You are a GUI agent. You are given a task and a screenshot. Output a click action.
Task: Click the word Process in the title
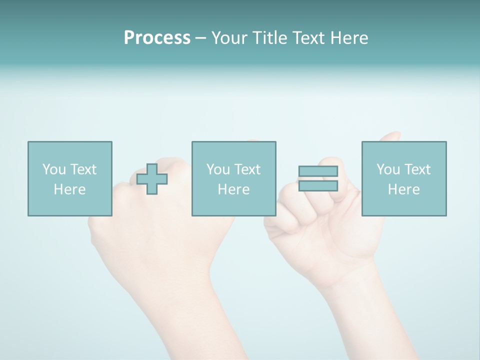click(157, 38)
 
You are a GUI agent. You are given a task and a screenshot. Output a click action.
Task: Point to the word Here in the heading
click(349, 38)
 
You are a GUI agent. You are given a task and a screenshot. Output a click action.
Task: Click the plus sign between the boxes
click(152, 179)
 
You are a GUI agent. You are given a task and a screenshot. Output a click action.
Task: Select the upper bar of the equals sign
click(318, 171)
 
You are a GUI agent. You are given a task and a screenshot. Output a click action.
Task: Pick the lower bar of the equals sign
click(318, 186)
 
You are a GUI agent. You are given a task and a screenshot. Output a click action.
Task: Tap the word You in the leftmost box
click(54, 169)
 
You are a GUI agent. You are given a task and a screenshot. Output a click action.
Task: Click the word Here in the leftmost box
click(69, 189)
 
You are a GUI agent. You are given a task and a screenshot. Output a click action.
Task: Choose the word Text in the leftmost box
click(82, 169)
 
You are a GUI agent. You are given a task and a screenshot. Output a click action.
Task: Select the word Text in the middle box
click(246, 169)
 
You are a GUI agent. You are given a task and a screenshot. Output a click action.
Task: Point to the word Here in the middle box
click(233, 189)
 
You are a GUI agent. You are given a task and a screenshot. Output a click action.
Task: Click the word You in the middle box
click(218, 169)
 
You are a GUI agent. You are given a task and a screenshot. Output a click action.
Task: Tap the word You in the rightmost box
click(388, 169)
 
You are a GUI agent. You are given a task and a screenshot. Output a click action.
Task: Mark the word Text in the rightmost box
click(416, 169)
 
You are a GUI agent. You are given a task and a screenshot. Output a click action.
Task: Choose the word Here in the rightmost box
click(403, 189)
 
